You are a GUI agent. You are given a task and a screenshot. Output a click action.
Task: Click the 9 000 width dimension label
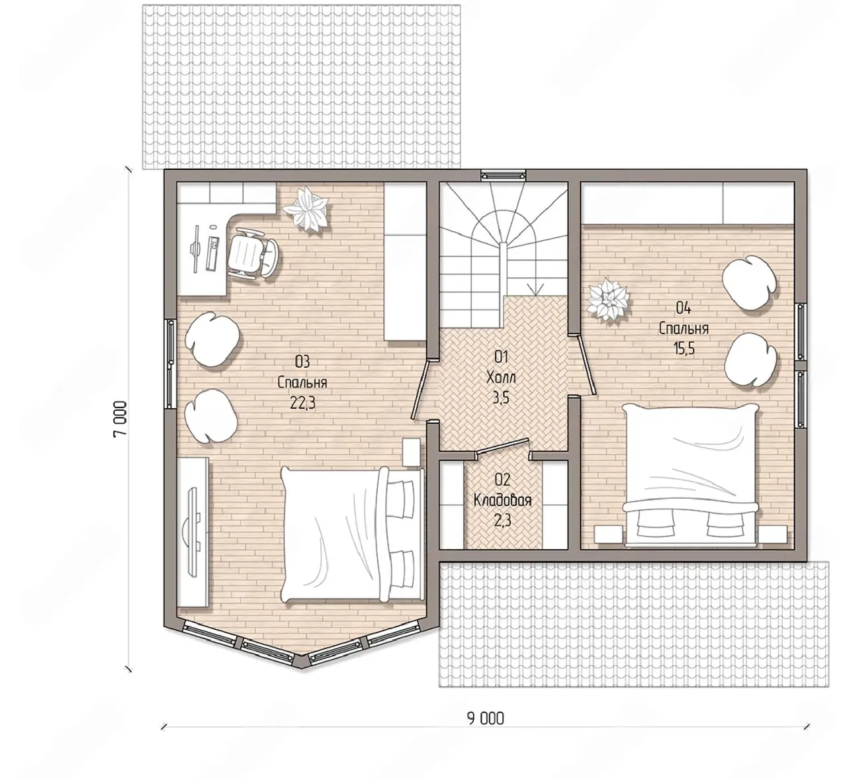pos(486,718)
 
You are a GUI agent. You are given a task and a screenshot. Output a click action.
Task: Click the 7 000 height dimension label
pos(120,419)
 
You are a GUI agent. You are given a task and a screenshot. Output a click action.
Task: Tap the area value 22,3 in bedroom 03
pos(303,404)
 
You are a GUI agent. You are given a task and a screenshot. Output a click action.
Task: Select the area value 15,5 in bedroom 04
pos(684,349)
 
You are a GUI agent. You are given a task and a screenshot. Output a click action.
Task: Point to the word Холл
pos(501,377)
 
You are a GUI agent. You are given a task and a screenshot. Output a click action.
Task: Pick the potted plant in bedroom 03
pos(306,209)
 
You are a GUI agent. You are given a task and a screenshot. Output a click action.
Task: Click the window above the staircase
pos(504,175)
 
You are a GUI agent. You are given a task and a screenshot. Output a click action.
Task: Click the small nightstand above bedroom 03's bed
pos(411,453)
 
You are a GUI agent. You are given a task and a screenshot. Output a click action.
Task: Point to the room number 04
pos(684,308)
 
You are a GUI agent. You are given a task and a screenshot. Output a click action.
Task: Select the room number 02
pos(502,480)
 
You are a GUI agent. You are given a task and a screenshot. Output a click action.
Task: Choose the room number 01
pos(501,357)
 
